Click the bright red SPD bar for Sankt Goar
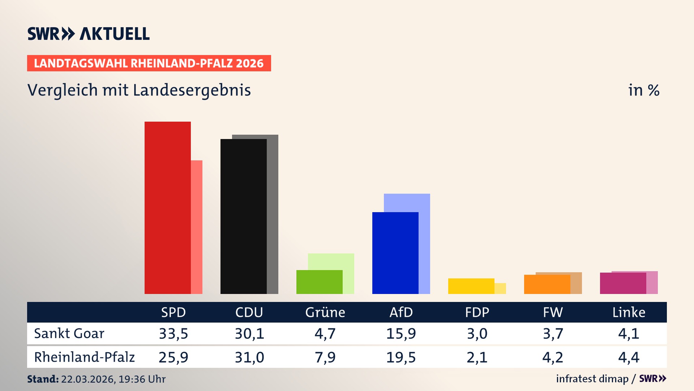pos(167,208)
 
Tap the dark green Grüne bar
pos(319,282)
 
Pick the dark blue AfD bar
pos(395,253)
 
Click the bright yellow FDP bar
pos(471,286)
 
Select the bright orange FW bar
pos(547,284)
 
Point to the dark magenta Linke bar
pos(623,283)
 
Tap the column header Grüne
pos(325,312)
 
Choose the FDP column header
pos(477,312)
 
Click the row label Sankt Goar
pos(69,333)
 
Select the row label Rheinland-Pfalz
pos(84,357)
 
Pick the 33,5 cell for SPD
pos(173,333)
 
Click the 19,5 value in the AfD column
pos(401,357)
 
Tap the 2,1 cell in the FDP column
pos(477,357)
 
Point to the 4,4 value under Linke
pos(629,357)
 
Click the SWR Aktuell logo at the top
pos(89,34)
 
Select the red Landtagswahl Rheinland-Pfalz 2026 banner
pos(149,63)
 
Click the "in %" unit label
pos(643,90)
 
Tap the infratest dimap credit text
pos(592,379)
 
